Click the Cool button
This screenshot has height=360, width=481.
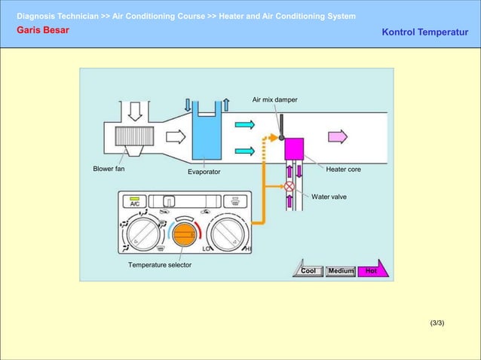click(x=308, y=271)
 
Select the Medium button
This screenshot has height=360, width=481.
click(x=341, y=271)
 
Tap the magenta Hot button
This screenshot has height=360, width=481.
click(x=372, y=270)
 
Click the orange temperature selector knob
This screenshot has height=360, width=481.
click(x=183, y=236)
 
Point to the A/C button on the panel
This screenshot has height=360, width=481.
click(x=134, y=203)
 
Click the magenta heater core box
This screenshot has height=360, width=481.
click(x=293, y=148)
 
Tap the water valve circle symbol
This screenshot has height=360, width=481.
click(x=289, y=187)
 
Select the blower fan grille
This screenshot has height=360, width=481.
click(x=135, y=136)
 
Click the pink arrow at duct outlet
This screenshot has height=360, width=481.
click(x=337, y=136)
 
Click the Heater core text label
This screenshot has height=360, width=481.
click(x=343, y=169)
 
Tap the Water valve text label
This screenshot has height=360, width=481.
click(x=329, y=197)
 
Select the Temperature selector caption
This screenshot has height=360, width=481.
click(x=159, y=265)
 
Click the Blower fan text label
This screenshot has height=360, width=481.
click(x=109, y=169)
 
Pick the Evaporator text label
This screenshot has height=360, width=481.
click(x=204, y=172)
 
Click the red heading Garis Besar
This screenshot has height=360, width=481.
click(x=42, y=30)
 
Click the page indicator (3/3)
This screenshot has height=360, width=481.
click(x=437, y=323)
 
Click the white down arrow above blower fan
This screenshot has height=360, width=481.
click(x=134, y=111)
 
